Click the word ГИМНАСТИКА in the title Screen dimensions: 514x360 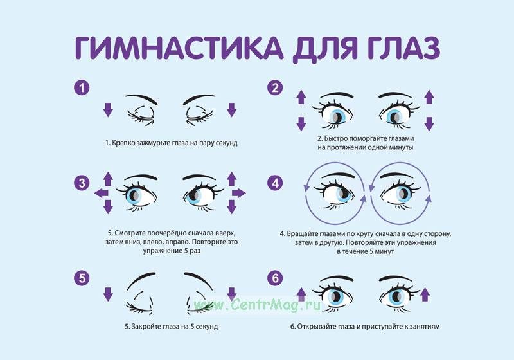(179, 48)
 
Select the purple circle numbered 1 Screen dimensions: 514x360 (82, 87)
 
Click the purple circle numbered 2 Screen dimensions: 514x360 (275, 87)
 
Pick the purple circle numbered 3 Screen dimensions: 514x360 (82, 183)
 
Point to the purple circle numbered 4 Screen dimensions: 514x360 (275, 183)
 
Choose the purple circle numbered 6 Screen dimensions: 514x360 (275, 278)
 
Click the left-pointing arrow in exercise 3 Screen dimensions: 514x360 (102, 193)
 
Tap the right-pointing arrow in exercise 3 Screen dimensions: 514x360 (238, 193)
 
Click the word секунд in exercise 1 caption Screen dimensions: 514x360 (227, 143)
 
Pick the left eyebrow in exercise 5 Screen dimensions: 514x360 (141, 280)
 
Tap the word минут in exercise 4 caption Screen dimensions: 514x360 (384, 252)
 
